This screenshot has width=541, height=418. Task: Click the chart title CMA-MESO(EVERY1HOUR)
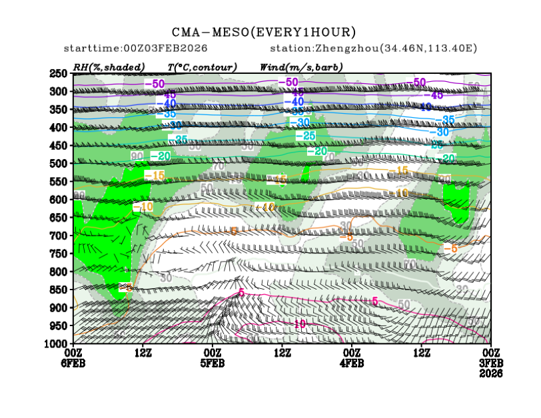[x=264, y=32]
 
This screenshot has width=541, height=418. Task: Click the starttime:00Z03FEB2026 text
[x=135, y=49]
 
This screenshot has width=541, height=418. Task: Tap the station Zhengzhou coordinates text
[x=373, y=49]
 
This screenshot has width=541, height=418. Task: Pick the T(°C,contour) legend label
[x=202, y=67]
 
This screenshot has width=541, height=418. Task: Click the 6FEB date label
[x=75, y=363]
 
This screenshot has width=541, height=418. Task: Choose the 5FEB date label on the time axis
[x=212, y=363]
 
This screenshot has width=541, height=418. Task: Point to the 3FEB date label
[x=491, y=363]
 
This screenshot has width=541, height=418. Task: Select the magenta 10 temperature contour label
[x=299, y=323]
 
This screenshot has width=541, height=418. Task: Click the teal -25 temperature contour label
[x=305, y=136]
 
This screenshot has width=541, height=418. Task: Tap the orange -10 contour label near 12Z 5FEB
[x=143, y=207]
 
